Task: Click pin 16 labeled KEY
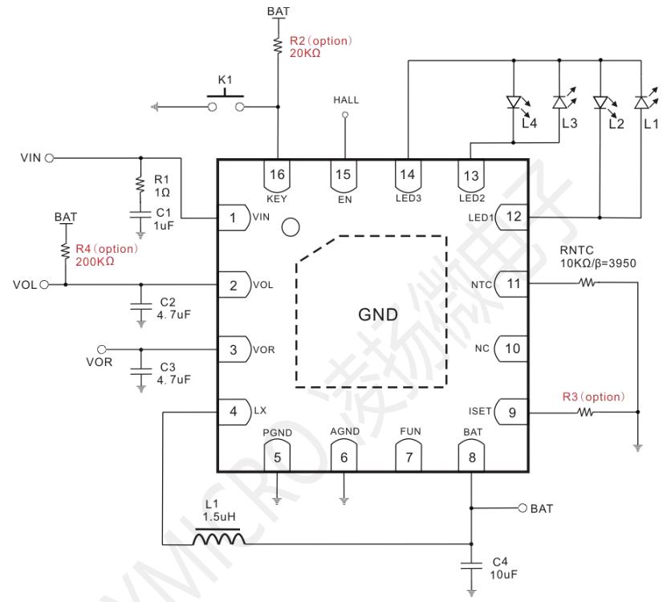pyautogui.click(x=277, y=176)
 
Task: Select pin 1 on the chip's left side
pyautogui.click(x=234, y=218)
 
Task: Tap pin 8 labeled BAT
pyautogui.click(x=472, y=457)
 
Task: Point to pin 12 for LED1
pyautogui.click(x=511, y=217)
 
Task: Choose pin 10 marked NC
pyautogui.click(x=511, y=348)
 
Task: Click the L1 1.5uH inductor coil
pyautogui.click(x=219, y=537)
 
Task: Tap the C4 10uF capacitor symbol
pyautogui.click(x=471, y=566)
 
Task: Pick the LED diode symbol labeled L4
pyautogui.click(x=514, y=103)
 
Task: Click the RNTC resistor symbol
pyautogui.click(x=587, y=283)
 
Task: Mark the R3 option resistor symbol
pyautogui.click(x=585, y=412)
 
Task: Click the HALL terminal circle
pyautogui.click(x=345, y=115)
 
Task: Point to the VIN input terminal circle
pyautogui.click(x=49, y=158)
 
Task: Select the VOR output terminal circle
pyautogui.click(x=102, y=350)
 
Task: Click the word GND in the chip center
pyautogui.click(x=378, y=315)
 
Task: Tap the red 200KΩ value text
pyautogui.click(x=95, y=262)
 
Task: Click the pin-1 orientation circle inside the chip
pyautogui.click(x=291, y=227)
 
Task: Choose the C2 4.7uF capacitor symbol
pyautogui.click(x=141, y=306)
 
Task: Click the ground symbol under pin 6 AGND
pyautogui.click(x=344, y=501)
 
